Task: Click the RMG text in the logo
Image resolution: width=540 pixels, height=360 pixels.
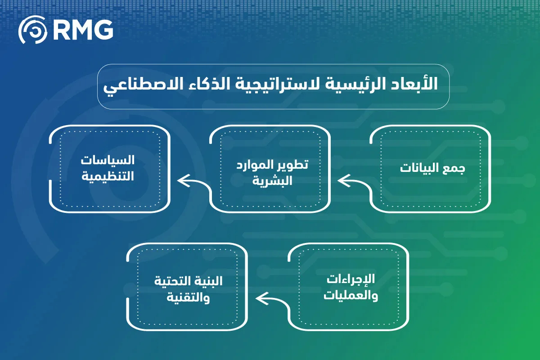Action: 82,30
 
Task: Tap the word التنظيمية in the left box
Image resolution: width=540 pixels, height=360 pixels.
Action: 108,176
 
